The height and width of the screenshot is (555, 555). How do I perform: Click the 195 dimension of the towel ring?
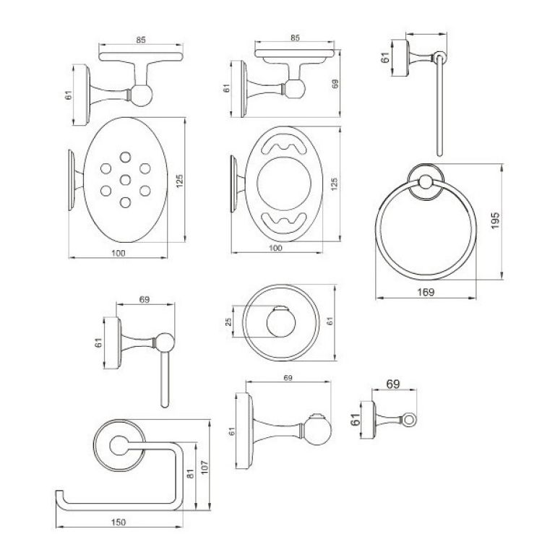[x=495, y=220]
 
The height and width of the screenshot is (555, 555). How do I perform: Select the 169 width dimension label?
[x=426, y=292]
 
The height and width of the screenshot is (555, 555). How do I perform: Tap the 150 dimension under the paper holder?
[x=119, y=522]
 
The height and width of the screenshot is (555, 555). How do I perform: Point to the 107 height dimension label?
[x=205, y=468]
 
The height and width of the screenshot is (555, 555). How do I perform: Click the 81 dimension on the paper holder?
[x=191, y=473]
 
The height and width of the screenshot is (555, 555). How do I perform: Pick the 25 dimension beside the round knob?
[x=228, y=322]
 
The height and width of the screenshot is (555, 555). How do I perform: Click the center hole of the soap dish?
[x=125, y=180]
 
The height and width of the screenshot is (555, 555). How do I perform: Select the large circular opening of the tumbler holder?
[x=284, y=184]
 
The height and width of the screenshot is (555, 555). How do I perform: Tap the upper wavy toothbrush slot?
[x=284, y=145]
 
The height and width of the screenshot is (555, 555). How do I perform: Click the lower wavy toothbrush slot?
[x=284, y=223]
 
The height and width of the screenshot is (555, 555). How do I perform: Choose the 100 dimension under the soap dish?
[x=119, y=253]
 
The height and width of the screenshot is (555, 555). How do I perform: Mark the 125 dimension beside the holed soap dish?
[x=179, y=181]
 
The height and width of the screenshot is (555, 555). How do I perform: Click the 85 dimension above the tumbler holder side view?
[x=295, y=38]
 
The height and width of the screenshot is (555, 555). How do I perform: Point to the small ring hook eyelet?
[x=409, y=420]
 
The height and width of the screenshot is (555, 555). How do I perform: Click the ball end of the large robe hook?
[x=317, y=431]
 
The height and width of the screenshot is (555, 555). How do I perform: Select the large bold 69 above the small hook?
[x=393, y=384]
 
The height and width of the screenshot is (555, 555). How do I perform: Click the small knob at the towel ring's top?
[x=426, y=182]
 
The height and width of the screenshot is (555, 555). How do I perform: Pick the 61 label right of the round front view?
[x=330, y=322]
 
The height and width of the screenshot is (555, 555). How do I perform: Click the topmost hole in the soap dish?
[x=125, y=157]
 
